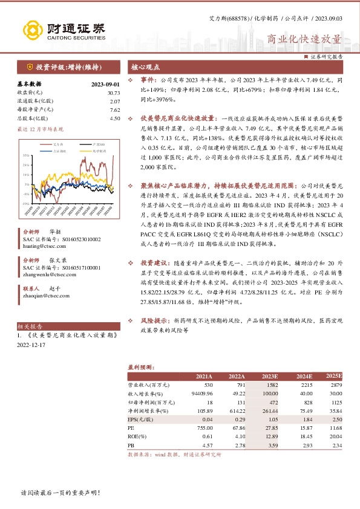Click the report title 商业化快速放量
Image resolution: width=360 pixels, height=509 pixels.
click(304, 39)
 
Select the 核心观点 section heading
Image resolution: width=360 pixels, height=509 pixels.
click(145, 66)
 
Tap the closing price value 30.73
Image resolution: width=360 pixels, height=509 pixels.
click(114, 92)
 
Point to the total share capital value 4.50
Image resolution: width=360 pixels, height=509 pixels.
click(115, 118)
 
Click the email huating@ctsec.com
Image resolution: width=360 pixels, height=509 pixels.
click(42, 245)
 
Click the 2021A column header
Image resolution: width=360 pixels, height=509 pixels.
click(205, 376)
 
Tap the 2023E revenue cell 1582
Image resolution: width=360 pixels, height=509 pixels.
click(271, 385)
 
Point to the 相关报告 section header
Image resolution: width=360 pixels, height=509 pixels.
click(30, 326)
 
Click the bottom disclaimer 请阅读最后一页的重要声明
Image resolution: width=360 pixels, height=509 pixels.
click(60, 493)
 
